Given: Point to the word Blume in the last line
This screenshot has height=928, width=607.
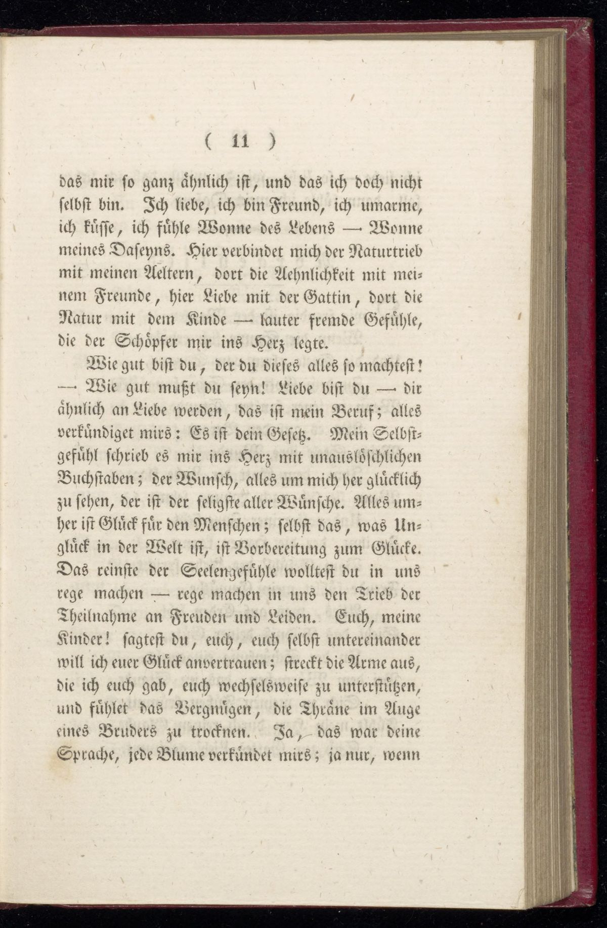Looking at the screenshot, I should click(x=182, y=761).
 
